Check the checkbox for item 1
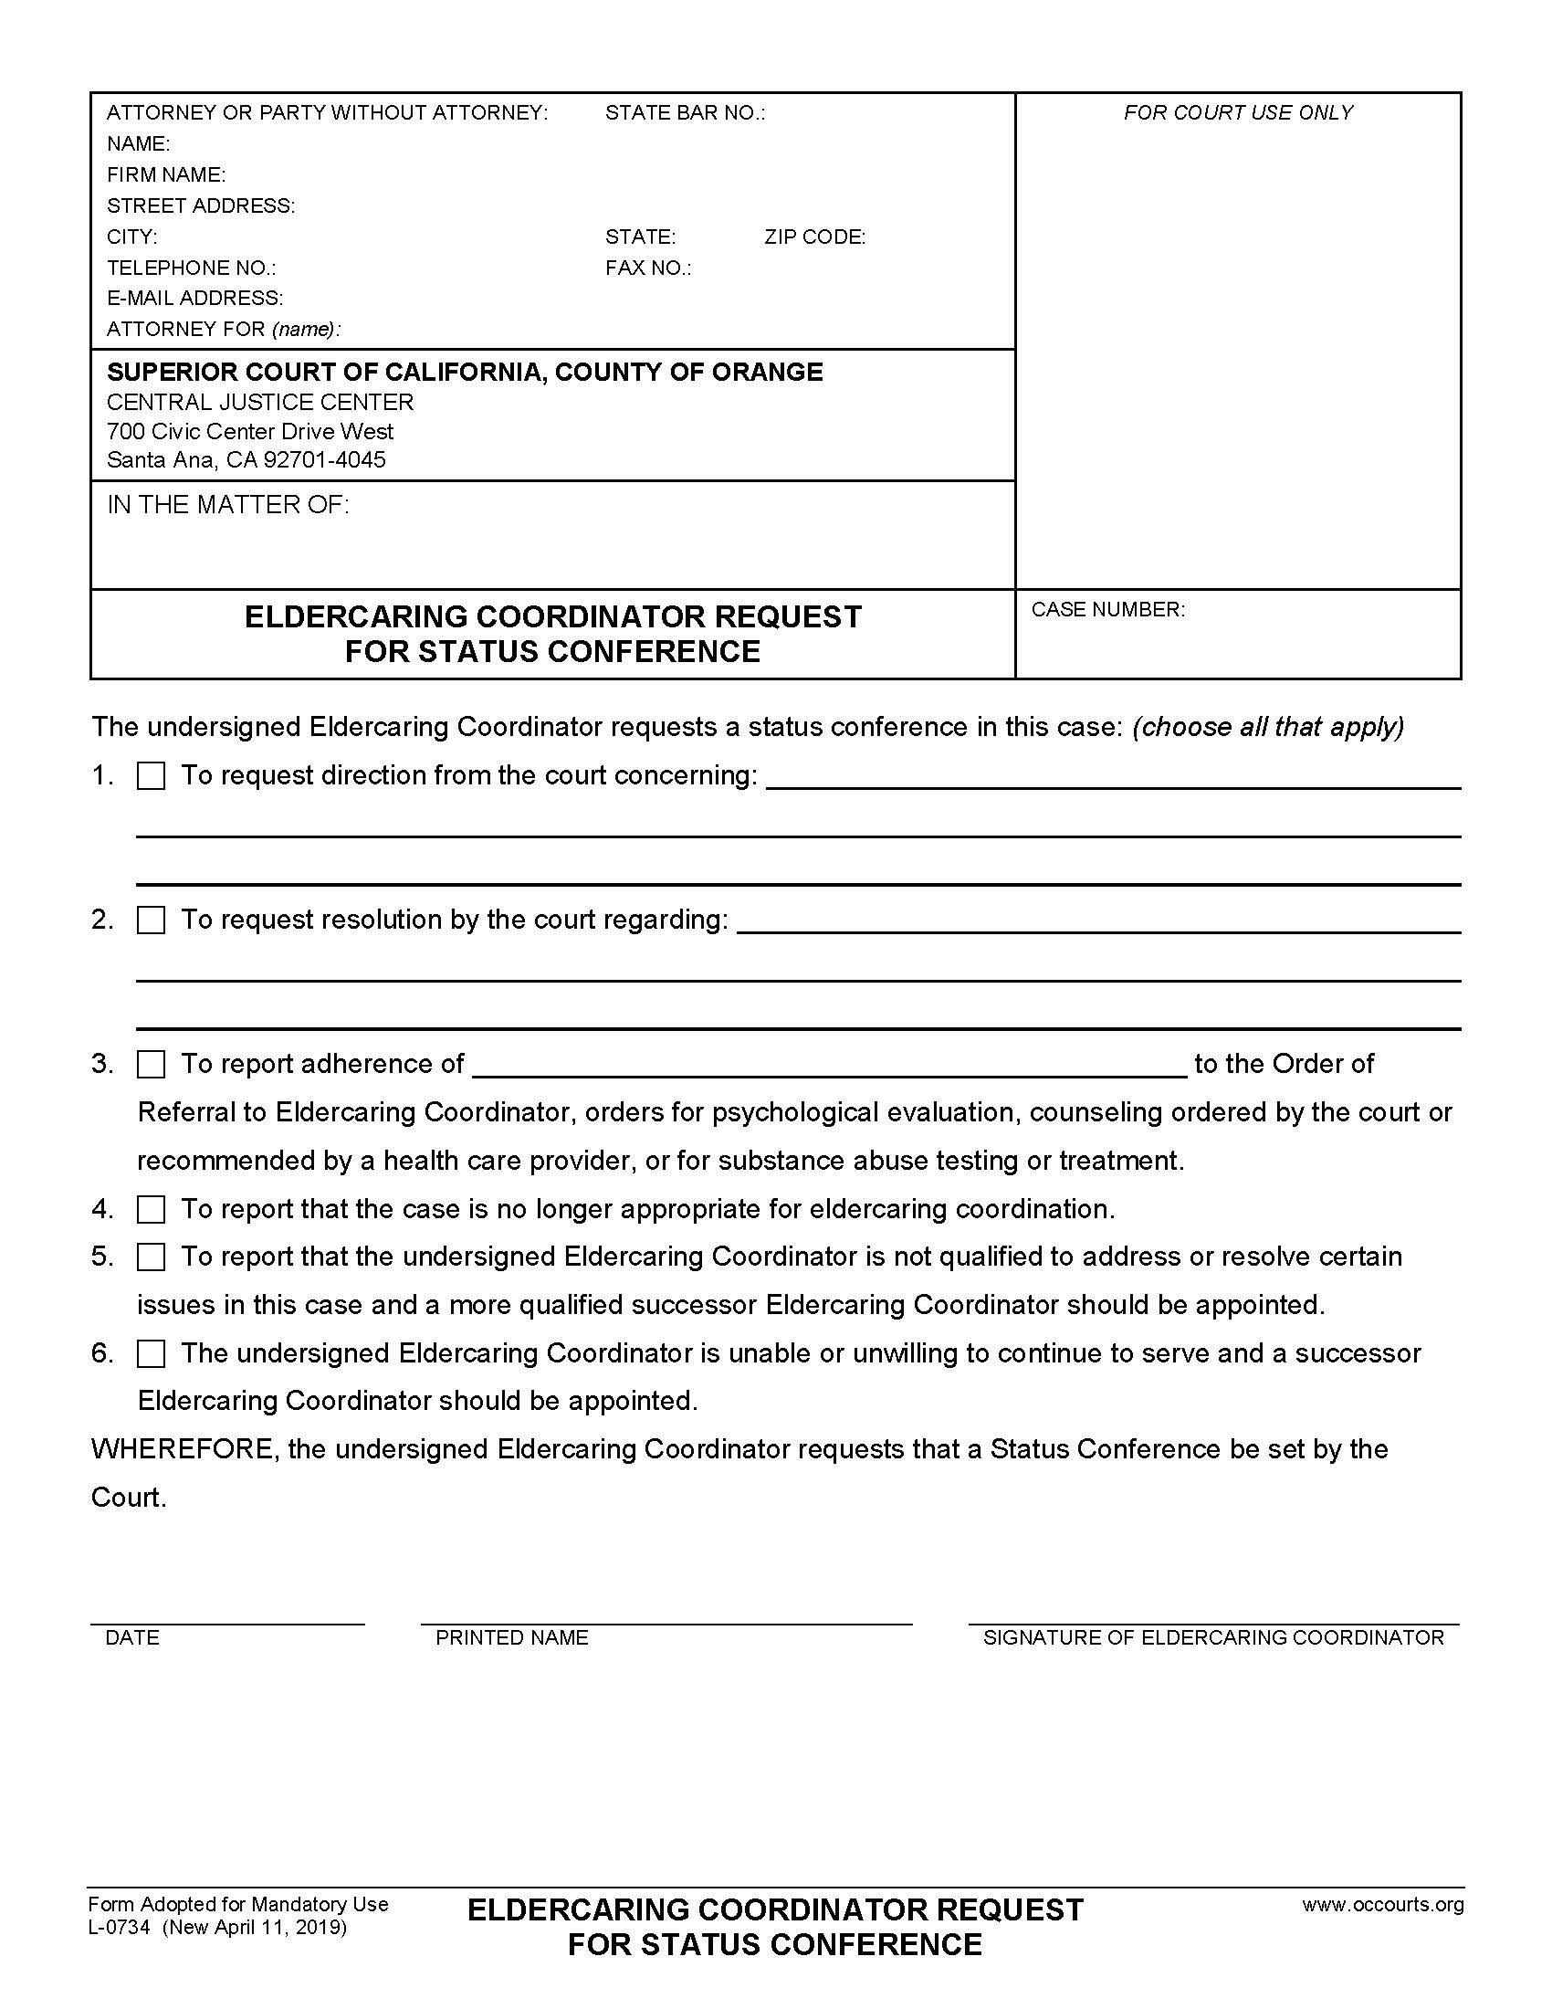tap(151, 776)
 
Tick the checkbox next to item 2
tap(151, 920)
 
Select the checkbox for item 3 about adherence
tap(151, 1064)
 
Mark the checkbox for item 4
tap(151, 1209)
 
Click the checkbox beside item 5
tap(151, 1257)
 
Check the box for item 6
tap(151, 1353)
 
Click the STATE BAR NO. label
tap(684, 113)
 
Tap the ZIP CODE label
tap(814, 237)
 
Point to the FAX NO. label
tap(647, 268)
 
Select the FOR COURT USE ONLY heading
tap(1238, 113)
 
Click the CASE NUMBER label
tap(1107, 609)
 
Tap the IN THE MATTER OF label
tap(228, 504)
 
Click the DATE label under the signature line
tap(132, 1637)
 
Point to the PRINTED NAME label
tap(511, 1637)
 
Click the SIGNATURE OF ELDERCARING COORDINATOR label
tap(1212, 1637)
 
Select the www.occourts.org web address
tap(1382, 1904)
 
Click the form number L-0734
tap(120, 1927)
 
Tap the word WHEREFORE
tap(182, 1449)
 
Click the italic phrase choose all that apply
tap(1268, 727)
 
